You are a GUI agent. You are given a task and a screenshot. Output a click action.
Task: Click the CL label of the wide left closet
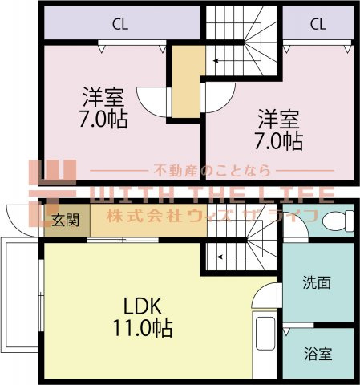(120, 24)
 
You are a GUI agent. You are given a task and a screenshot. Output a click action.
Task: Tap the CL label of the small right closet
(318, 24)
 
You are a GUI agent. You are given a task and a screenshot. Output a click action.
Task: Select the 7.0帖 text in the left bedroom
(103, 119)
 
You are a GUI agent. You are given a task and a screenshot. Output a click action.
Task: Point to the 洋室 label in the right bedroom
(278, 119)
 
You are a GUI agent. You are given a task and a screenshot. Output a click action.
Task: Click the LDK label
(143, 306)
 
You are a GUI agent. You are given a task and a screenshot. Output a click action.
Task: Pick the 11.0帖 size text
(143, 328)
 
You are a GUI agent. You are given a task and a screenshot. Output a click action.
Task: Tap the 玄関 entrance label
(65, 221)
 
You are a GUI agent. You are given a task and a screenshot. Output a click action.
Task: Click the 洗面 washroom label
(317, 282)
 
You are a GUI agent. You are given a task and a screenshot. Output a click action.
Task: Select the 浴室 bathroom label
(318, 354)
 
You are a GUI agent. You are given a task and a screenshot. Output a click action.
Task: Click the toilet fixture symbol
(338, 221)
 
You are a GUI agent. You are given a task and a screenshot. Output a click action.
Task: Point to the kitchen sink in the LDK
(265, 334)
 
